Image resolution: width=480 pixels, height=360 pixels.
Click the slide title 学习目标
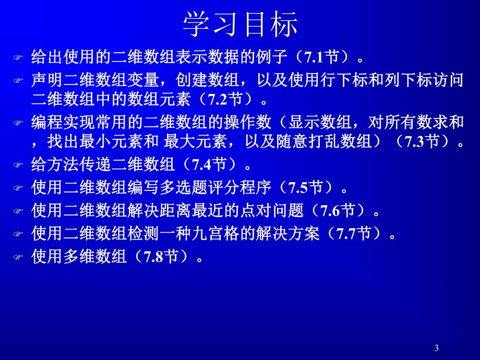[240, 24]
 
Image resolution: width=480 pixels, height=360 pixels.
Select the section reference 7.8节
[161, 256]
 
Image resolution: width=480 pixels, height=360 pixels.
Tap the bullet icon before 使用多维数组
[19, 257]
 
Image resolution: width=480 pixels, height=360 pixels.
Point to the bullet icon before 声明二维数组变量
[19, 81]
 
